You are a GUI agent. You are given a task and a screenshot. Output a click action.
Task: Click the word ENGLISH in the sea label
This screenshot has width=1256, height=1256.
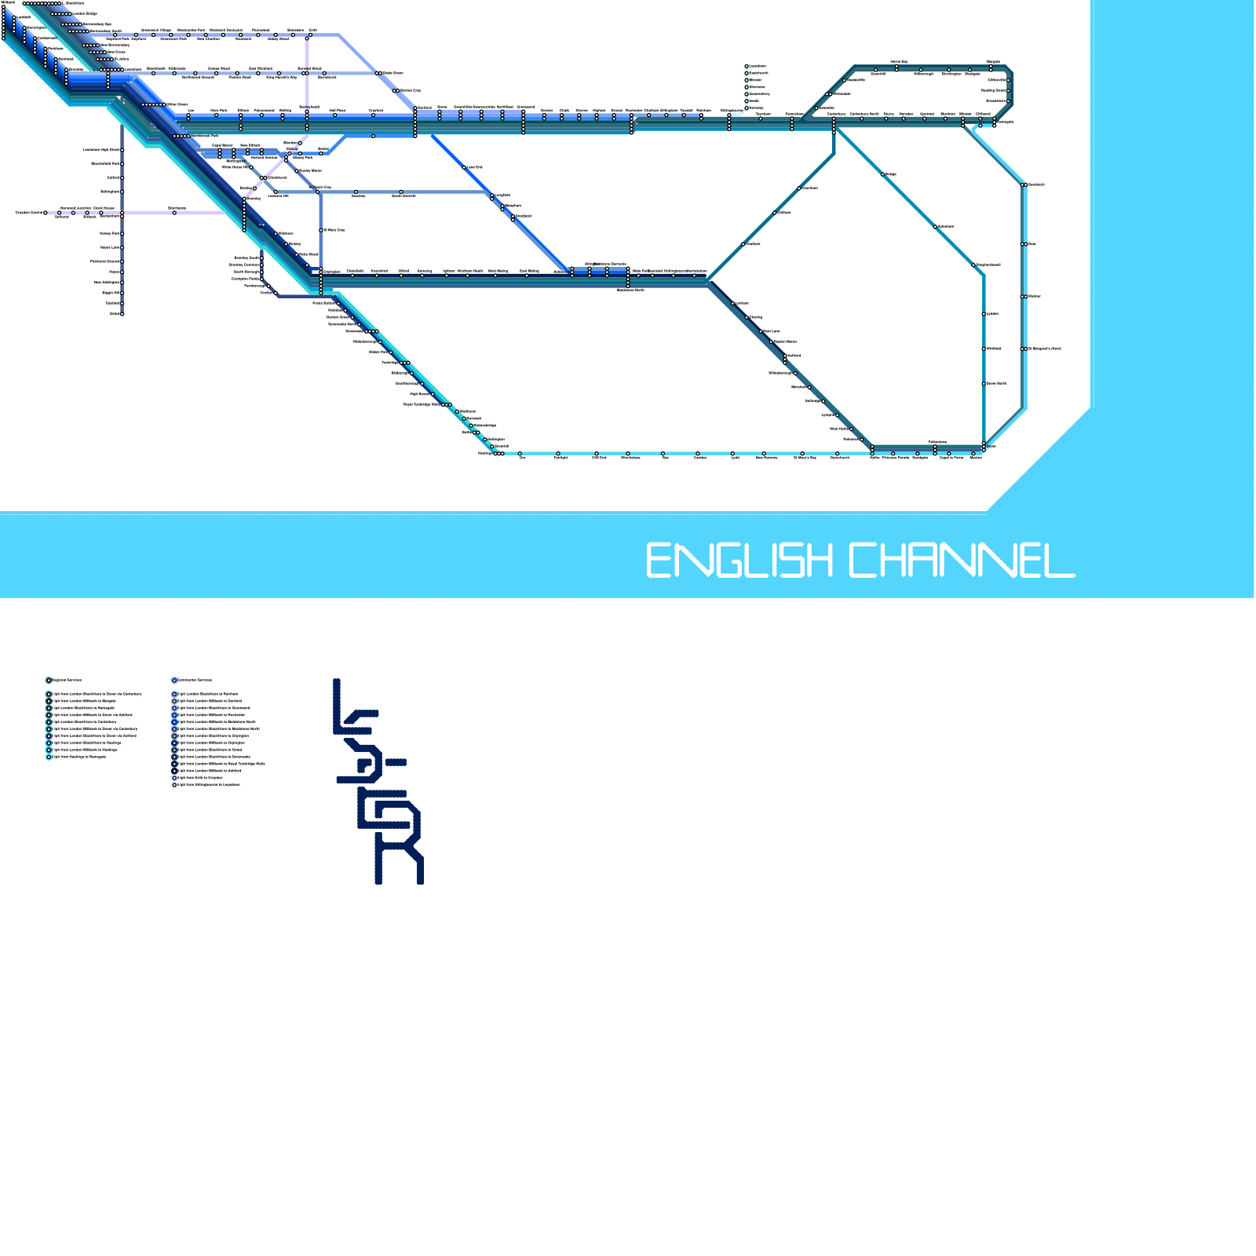point(739,560)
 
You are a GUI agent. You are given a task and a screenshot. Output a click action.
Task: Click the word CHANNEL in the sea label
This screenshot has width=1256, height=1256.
point(962,560)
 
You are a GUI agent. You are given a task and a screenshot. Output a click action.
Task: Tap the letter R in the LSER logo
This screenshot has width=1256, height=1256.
point(399,859)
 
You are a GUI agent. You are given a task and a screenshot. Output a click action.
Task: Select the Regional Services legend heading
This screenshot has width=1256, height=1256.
point(67,680)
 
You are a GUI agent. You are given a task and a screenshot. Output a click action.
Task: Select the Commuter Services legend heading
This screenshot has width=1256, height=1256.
point(194,680)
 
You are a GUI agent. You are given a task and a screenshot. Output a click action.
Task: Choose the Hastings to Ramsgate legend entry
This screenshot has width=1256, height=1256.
point(78,757)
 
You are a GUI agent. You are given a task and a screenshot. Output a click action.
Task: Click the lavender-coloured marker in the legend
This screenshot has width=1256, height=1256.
point(174,778)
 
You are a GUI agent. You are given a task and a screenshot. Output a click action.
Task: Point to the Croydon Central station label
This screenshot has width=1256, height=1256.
point(30,213)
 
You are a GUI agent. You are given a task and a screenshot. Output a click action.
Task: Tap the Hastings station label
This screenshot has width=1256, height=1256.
point(484,453)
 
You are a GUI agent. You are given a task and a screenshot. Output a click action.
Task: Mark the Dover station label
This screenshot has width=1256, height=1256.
point(991,446)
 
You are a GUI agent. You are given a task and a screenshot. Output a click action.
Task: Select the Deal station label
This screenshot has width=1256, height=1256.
point(1031,244)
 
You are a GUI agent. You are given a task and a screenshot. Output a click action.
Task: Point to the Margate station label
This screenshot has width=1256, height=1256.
point(993,61)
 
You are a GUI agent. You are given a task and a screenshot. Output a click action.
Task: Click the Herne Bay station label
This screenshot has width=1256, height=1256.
point(899,61)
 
